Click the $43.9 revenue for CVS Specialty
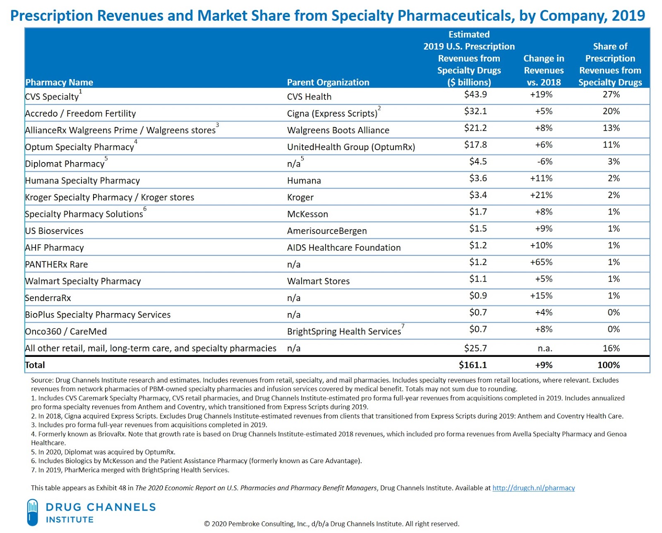(x=475, y=95)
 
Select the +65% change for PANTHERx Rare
(x=541, y=262)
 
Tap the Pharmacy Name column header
(x=59, y=82)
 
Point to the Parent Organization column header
(x=328, y=82)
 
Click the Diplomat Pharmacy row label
(x=65, y=164)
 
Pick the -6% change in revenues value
(x=544, y=162)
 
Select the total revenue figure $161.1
(x=473, y=365)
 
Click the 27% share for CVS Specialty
(x=611, y=95)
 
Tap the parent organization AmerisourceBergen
(x=327, y=231)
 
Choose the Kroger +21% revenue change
(x=541, y=195)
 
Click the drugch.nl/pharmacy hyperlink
(x=533, y=488)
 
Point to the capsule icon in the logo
(x=32, y=512)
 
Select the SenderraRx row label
(x=48, y=298)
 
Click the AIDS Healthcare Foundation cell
(x=344, y=248)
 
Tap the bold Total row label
(x=35, y=365)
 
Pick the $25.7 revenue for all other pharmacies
(x=475, y=348)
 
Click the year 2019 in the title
(x=628, y=16)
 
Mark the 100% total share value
(x=608, y=365)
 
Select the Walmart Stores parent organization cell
(x=318, y=281)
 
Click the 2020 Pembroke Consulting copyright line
(x=331, y=524)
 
